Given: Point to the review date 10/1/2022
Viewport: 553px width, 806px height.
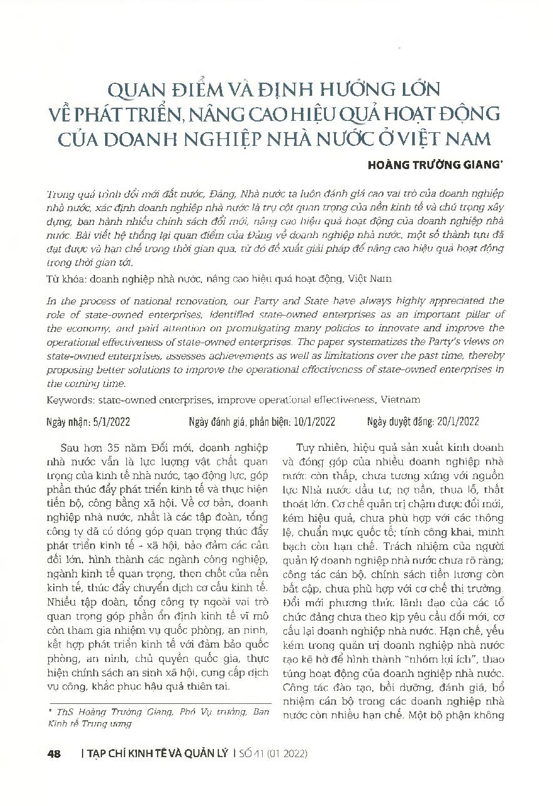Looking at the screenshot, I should point(314,421).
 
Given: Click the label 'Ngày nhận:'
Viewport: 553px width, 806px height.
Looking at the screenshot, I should point(69,421).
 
